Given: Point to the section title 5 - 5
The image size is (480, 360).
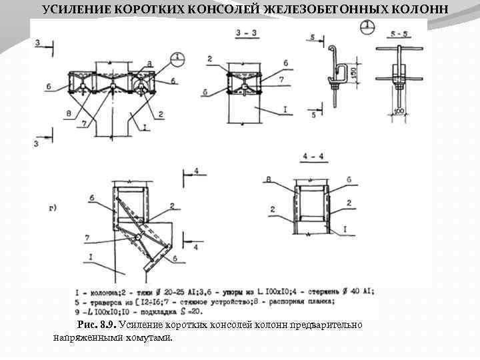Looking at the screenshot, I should (x=399, y=33).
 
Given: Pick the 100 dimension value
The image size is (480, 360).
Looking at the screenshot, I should (x=399, y=111).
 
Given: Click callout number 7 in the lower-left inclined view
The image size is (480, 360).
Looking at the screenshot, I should (x=87, y=237).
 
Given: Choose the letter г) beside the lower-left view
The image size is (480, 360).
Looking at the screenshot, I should (x=53, y=208).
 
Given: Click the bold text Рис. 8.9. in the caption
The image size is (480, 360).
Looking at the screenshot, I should (x=97, y=325).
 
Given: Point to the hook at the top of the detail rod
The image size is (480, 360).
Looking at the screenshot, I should (x=332, y=50).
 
